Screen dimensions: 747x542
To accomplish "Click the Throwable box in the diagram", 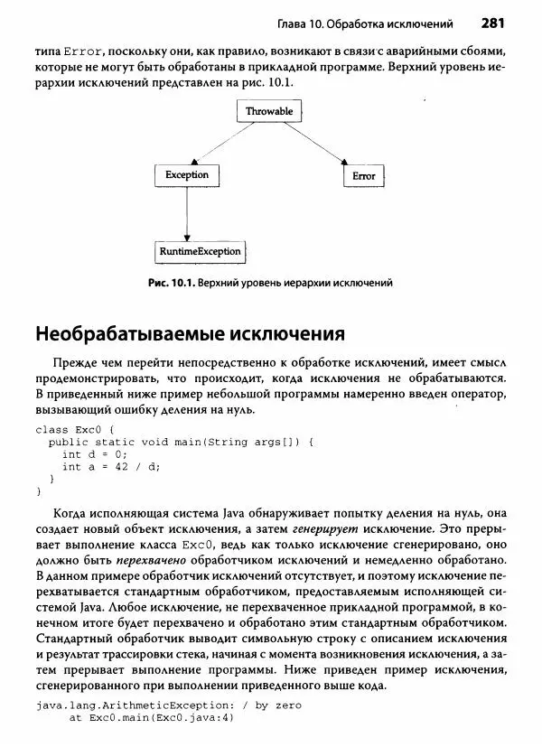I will coord(270,111).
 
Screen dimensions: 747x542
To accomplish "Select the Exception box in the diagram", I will coord(186,175).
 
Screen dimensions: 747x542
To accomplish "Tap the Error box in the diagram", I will coord(363,176).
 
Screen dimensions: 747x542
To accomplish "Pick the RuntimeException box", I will coord(199,251).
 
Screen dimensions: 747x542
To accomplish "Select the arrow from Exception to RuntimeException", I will coord(186,213).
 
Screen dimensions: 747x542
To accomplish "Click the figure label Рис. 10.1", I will coord(169,283).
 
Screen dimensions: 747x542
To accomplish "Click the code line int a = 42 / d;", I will coord(110,467).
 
